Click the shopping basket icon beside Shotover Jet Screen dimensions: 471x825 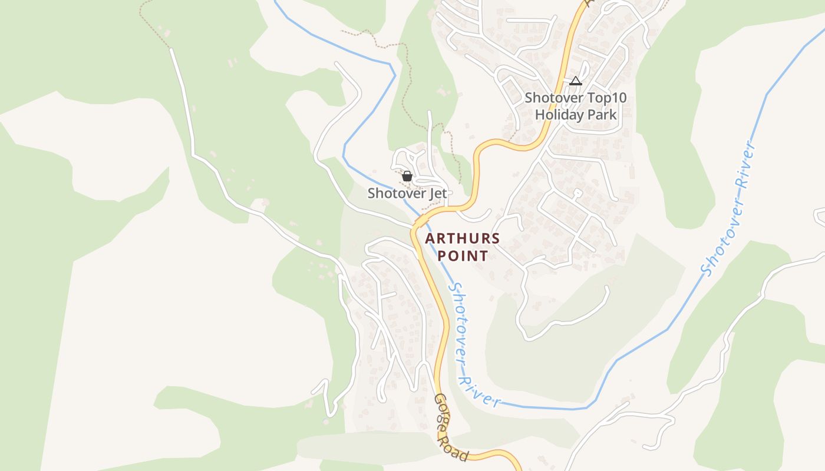[407, 175]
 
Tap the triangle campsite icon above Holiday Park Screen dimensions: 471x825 [576, 81]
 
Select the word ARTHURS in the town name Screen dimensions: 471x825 [463, 238]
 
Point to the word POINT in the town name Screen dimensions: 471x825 [463, 256]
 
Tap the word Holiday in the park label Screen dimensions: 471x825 [559, 114]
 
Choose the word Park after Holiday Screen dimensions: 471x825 [602, 114]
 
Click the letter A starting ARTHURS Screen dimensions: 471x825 [430, 238]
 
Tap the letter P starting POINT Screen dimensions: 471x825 [442, 256]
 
